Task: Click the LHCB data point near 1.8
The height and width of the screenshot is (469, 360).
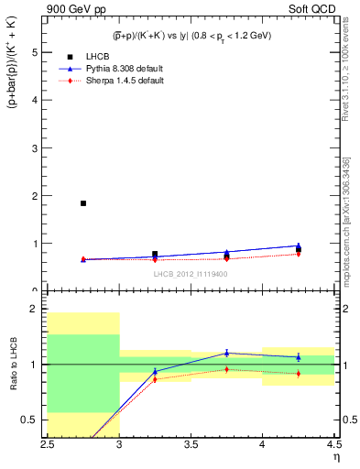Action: tap(83, 203)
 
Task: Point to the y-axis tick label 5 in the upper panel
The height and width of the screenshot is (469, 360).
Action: tap(34, 52)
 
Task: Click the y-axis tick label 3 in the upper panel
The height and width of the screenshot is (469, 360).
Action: tap(34, 148)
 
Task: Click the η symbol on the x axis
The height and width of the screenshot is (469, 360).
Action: tap(335, 458)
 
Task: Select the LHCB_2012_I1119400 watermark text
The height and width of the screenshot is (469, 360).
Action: tap(191, 274)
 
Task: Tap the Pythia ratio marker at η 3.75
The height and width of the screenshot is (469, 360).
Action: tap(226, 353)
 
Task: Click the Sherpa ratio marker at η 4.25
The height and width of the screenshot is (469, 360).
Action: tap(298, 373)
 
